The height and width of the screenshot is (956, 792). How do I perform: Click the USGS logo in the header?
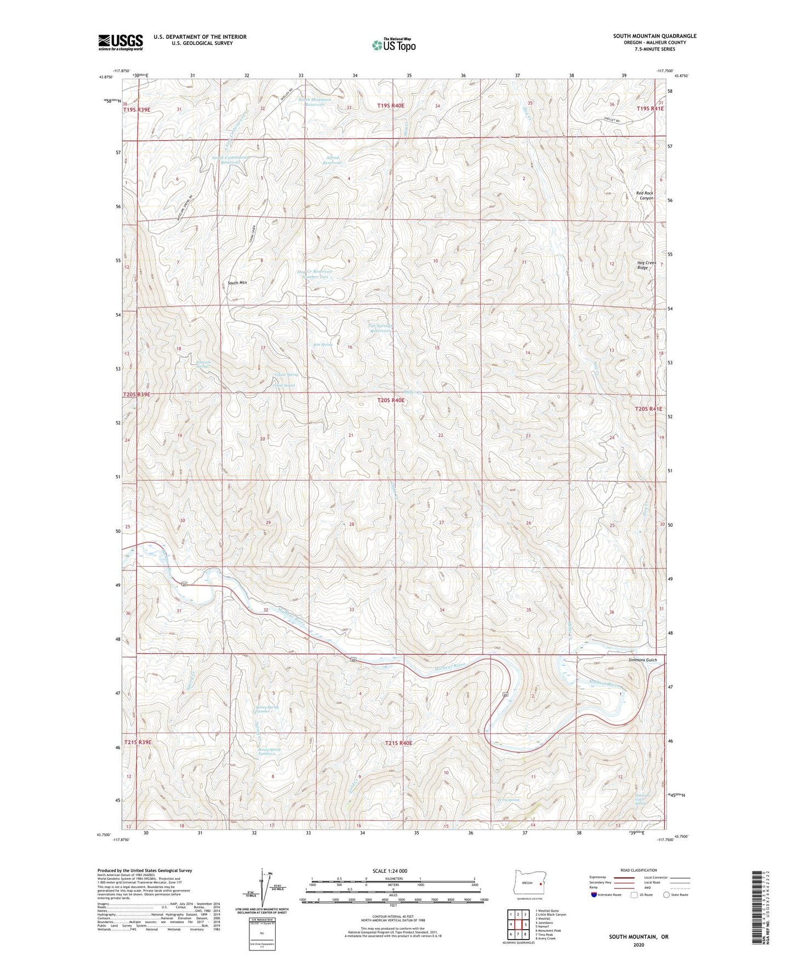120,42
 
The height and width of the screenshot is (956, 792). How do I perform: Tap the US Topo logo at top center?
393,45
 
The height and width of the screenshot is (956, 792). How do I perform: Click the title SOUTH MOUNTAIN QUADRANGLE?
654,36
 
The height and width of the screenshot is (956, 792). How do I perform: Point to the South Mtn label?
237,283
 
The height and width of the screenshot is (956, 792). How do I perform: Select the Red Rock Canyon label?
645,195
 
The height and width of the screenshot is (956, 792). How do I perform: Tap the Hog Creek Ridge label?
646,265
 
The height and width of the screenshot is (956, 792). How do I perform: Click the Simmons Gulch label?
642,660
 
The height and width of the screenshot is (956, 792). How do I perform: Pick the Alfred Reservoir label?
332,160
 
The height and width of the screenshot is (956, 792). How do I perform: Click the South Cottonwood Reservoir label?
230,160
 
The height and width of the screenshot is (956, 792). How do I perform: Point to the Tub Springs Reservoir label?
380,328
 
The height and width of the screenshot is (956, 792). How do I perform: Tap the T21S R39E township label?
137,742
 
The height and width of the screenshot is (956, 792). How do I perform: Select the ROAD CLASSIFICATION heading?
639,870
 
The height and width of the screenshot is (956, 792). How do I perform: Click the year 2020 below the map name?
639,945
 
